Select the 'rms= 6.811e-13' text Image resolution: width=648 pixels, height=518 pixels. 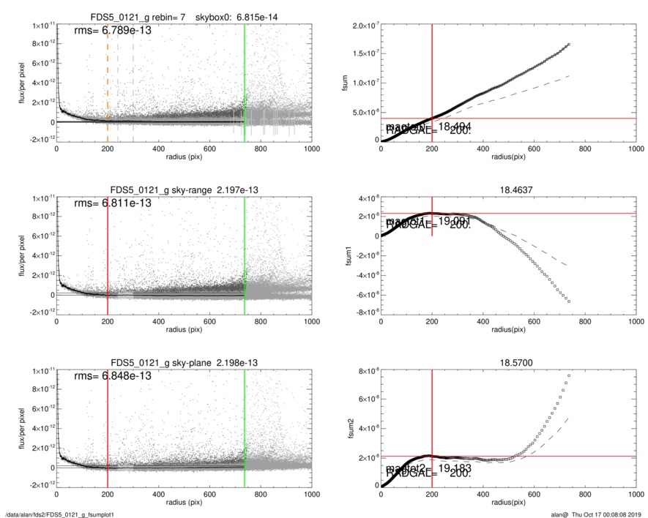tap(113, 203)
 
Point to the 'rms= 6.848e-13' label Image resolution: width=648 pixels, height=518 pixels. tap(113, 375)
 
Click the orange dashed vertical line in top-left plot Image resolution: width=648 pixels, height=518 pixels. tap(108, 80)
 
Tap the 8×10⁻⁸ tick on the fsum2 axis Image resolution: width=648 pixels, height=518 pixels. tap(364, 371)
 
